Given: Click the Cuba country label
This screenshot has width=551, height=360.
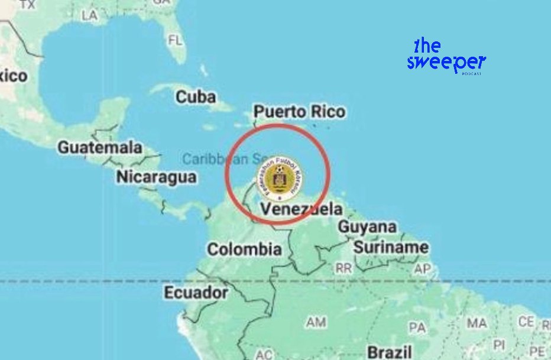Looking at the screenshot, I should [196, 97].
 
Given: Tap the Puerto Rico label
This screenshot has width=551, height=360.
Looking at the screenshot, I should [299, 112].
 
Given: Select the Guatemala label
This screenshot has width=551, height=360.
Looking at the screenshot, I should [100, 147].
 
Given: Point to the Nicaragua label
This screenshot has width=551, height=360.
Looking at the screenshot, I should [156, 177].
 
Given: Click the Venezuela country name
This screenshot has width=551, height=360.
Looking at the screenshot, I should [302, 209].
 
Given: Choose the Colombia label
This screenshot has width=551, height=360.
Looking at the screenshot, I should [244, 249].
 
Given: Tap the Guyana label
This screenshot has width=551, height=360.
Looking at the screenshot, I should [367, 227].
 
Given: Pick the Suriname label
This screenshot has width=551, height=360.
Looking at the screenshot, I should [391, 247].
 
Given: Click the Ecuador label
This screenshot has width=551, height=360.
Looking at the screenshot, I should [196, 293].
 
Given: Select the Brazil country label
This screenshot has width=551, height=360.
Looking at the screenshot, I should [389, 352].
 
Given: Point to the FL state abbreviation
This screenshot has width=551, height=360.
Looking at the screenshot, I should [176, 41].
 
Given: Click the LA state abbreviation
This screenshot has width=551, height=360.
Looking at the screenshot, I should [90, 16].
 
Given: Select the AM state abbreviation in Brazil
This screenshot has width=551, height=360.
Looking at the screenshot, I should [316, 322].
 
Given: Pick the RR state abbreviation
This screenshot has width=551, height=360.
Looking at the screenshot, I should [343, 268].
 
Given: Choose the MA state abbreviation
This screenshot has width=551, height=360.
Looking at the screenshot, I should [477, 323].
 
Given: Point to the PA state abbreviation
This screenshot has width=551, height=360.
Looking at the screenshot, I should [417, 327].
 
